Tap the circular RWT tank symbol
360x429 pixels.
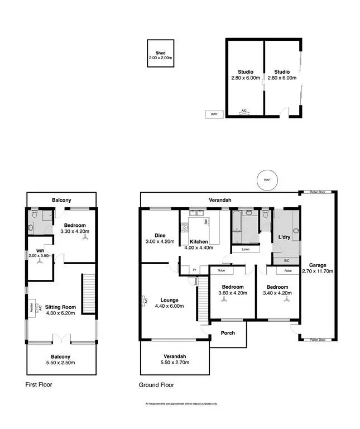click(268, 180)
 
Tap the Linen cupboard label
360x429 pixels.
click(245, 249)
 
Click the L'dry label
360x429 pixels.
click(285, 238)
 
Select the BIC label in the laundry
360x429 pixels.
click(286, 260)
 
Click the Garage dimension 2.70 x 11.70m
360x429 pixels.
click(318, 271)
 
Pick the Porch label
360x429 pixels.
click(228, 333)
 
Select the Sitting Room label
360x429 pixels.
click(61, 307)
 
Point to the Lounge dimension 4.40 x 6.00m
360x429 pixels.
click(166, 306)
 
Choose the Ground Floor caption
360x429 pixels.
click(156, 385)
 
